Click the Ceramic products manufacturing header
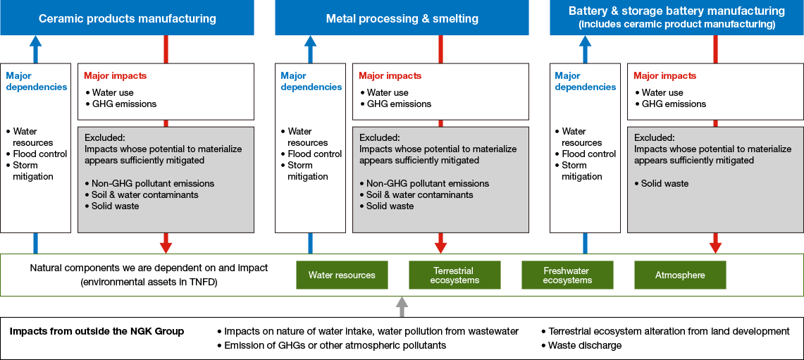127,18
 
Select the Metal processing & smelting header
402,18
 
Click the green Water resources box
342,275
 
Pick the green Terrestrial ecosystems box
454,275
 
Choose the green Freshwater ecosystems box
567,275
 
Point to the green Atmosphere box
680,275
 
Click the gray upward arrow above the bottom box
402,306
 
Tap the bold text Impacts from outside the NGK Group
97,331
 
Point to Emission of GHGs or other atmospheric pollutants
335,345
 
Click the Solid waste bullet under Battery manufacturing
664,183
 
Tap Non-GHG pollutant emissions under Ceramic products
152,183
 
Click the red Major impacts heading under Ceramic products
115,75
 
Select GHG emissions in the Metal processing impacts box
399,104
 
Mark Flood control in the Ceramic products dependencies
39,154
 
